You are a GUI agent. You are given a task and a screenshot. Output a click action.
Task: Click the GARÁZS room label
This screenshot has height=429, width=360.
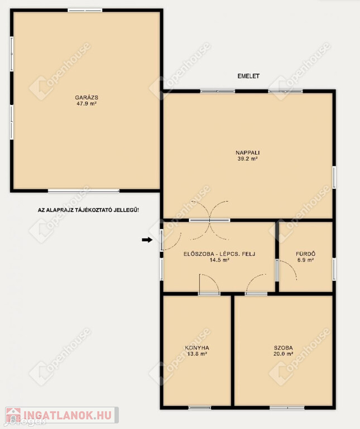[x=87, y=97]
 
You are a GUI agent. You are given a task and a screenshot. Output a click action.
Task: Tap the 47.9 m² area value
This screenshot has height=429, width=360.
[x=87, y=104]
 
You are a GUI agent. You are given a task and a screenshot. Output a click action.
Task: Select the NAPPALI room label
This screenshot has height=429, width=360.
[x=247, y=152]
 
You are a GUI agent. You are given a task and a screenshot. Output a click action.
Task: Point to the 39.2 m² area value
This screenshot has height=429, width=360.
[x=247, y=159]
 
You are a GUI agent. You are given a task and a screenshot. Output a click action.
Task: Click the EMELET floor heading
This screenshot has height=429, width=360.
[x=248, y=76]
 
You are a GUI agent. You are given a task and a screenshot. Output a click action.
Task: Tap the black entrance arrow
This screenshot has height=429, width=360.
[x=147, y=240]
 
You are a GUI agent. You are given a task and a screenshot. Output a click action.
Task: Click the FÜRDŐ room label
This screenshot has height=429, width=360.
[x=305, y=254]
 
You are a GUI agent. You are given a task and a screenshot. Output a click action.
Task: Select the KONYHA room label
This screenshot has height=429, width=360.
[x=197, y=348]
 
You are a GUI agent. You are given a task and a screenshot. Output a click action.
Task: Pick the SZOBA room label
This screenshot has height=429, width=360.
[x=283, y=348]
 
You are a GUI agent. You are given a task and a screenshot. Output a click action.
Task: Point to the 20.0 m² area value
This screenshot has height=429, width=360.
[x=283, y=354]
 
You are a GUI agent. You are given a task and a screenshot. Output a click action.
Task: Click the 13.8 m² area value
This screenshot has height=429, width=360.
[x=197, y=354]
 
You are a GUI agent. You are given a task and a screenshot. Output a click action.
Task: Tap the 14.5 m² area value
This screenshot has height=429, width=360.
[x=219, y=260]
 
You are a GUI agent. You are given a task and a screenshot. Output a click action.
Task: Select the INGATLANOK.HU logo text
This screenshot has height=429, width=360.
[x=68, y=416]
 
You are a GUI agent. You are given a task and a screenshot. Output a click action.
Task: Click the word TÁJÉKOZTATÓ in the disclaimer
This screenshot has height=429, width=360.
[x=93, y=210]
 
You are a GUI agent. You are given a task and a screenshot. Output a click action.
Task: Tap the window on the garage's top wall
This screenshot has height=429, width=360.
[x=85, y=11]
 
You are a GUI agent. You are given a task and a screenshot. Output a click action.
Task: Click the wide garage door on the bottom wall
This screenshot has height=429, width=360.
[x=84, y=190]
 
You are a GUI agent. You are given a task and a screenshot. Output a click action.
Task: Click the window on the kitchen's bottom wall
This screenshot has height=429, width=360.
[x=200, y=408]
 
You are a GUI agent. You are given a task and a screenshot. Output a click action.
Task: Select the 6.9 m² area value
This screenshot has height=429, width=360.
[x=305, y=260]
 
